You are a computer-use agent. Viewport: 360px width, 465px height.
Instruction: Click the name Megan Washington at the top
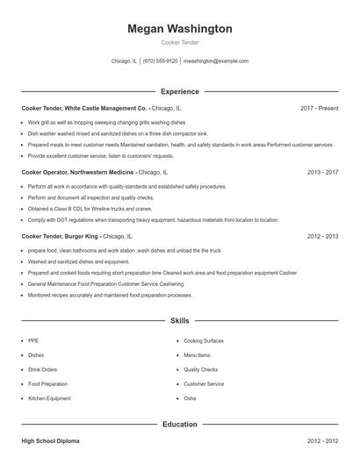click(179, 29)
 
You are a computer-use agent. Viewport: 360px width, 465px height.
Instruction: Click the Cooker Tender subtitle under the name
click(179, 43)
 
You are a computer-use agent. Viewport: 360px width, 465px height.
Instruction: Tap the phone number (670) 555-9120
click(160, 61)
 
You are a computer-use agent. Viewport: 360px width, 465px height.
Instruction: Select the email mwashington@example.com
click(216, 61)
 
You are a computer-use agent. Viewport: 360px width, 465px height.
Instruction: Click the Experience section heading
click(179, 91)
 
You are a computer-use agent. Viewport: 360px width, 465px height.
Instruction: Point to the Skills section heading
click(179, 321)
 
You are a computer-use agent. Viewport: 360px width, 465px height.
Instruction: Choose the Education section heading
click(179, 424)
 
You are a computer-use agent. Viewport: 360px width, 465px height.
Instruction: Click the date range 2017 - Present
click(319, 108)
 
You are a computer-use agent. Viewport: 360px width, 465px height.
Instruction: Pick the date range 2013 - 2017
click(322, 172)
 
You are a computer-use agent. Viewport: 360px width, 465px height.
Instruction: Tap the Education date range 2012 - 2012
click(322, 440)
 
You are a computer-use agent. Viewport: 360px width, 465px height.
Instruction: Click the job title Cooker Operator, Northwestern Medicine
click(77, 172)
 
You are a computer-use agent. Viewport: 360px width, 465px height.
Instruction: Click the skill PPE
click(33, 340)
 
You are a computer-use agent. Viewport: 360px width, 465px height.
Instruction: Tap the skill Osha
click(190, 398)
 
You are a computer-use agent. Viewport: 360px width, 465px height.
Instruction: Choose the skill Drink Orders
click(42, 369)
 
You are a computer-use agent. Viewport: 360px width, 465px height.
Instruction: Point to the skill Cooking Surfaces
click(203, 340)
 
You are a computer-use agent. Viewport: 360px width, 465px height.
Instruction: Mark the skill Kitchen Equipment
click(48, 398)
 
